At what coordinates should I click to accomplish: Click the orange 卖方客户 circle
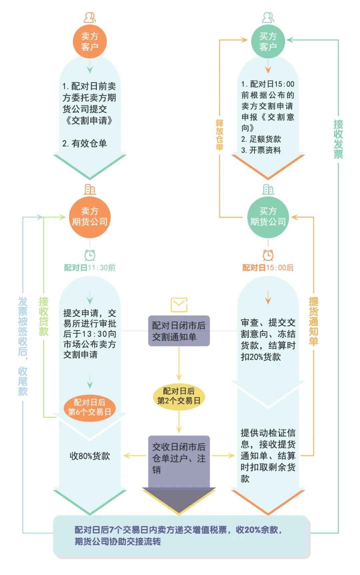coord(90,41)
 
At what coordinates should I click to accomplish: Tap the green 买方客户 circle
coord(268,41)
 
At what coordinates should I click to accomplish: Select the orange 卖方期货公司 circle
coord(90,217)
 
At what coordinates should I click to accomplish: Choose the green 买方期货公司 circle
coord(268,217)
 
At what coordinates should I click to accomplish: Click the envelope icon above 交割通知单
coord(179,304)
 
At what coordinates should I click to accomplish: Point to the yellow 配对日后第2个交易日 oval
coord(179,396)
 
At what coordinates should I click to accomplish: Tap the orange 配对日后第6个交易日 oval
coord(90,407)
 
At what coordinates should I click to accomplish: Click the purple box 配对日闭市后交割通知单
coord(179,331)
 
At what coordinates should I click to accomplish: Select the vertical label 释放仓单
coord(219,135)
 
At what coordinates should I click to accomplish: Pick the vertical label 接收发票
coord(338,139)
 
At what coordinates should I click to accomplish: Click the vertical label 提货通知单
coord(313,321)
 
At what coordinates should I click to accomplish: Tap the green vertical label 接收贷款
coord(44,316)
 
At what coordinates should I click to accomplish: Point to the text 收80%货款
coord(90,456)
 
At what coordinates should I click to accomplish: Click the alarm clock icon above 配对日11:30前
coord(90,255)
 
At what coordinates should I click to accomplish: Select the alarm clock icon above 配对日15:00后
coord(268,255)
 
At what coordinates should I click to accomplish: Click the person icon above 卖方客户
coord(90,17)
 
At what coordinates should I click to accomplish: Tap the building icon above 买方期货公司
coord(268,189)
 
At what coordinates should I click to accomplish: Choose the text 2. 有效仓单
coord(85,144)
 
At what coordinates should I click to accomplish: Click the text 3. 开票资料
coord(261,150)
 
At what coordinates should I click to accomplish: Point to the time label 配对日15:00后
coord(268,268)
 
